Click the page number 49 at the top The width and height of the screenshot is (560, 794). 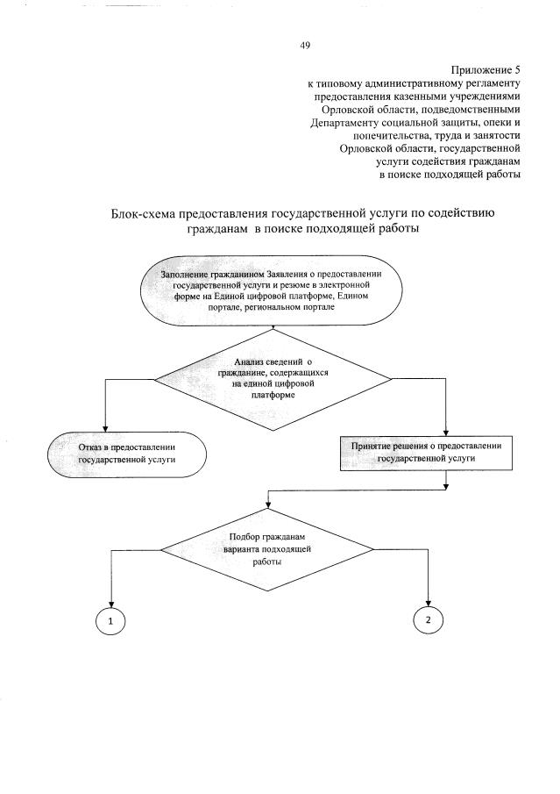click(x=304, y=45)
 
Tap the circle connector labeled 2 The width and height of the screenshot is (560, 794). click(x=428, y=620)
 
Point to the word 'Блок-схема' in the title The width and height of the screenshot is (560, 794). click(x=143, y=213)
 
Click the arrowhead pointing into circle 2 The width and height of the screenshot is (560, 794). click(x=428, y=601)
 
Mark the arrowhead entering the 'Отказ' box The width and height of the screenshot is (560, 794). click(x=105, y=426)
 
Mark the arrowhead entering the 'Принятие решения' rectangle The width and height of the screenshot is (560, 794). click(x=447, y=429)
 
